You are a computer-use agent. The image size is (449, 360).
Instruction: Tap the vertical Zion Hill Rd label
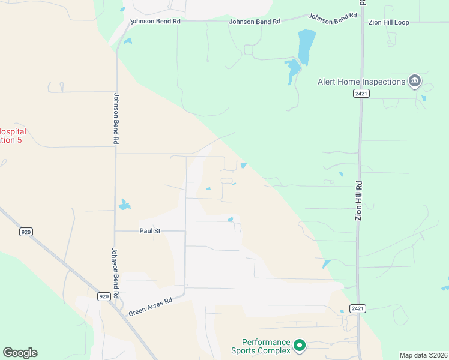pyautogui.click(x=359, y=200)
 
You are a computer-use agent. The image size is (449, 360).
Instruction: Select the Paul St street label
pyautogui.click(x=149, y=230)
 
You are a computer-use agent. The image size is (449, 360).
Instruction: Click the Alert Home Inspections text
pyautogui.click(x=361, y=82)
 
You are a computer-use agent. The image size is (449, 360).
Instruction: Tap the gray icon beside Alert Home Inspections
pyautogui.click(x=414, y=81)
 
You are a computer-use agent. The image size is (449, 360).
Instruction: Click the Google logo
pyautogui.click(x=20, y=353)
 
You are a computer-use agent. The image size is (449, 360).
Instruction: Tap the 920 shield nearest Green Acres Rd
pyautogui.click(x=104, y=296)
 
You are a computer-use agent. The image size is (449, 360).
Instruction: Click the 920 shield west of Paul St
pyautogui.click(x=25, y=232)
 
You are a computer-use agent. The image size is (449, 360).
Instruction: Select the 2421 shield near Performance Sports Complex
pyautogui.click(x=358, y=308)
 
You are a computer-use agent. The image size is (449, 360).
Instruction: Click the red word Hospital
pyautogui.click(x=13, y=131)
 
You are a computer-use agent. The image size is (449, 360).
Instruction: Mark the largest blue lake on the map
pyautogui.click(x=306, y=46)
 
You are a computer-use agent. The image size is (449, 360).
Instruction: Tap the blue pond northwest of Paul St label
pyautogui.click(x=124, y=205)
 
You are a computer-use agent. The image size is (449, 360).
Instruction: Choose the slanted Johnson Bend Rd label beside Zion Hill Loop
pyautogui.click(x=328, y=19)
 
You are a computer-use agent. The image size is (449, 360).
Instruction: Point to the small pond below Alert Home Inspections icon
pyautogui.click(x=424, y=98)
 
